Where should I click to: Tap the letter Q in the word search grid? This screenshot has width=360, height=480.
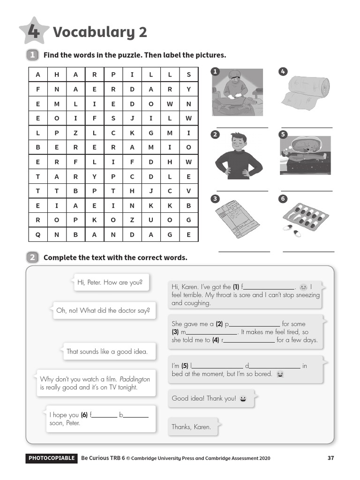click(x=38, y=235)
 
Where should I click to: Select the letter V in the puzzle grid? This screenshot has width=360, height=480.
click(x=188, y=191)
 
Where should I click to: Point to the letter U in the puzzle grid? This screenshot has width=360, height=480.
click(x=151, y=220)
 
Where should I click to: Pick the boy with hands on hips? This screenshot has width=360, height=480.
click(x=239, y=156)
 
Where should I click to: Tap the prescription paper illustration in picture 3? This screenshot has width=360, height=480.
click(x=237, y=219)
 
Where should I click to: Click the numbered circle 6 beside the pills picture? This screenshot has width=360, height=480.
click(x=283, y=199)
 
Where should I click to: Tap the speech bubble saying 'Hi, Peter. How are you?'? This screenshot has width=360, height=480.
click(x=111, y=283)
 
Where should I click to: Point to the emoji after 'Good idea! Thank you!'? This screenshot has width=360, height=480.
click(x=243, y=398)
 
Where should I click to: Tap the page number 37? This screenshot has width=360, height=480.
click(x=330, y=458)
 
